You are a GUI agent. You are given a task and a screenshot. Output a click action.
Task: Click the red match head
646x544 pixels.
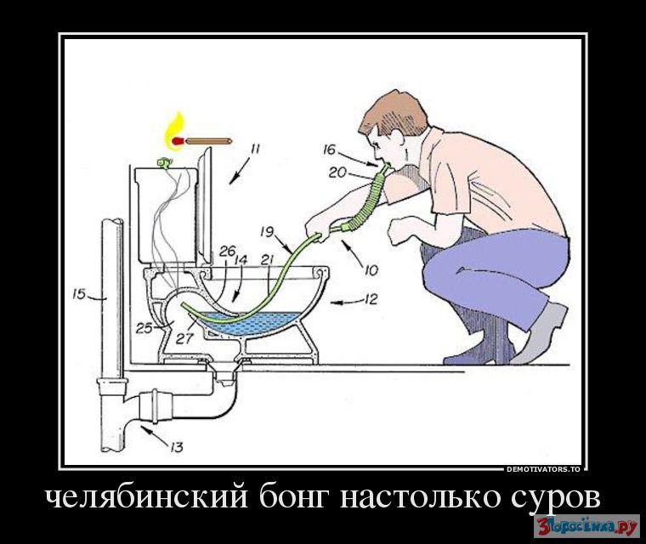pyautogui.click(x=178, y=141)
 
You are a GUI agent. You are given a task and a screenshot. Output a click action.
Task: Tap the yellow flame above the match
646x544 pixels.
pyautogui.click(x=175, y=131)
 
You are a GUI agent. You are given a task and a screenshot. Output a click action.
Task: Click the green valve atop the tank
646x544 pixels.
pyautogui.click(x=163, y=163)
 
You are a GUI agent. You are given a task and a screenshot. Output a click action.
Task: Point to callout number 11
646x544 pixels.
pyautogui.click(x=255, y=149)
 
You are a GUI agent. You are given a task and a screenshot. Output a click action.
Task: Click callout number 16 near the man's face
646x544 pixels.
pyautogui.click(x=330, y=150)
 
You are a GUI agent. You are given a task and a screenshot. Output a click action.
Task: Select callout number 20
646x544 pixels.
pyautogui.click(x=337, y=173)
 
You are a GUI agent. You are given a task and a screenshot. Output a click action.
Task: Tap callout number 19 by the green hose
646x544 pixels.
pyautogui.click(x=267, y=231)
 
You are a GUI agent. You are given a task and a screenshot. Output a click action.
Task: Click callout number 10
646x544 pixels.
pyautogui.click(x=371, y=270)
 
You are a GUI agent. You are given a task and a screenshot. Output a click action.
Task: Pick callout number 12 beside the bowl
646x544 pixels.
pyautogui.click(x=371, y=299)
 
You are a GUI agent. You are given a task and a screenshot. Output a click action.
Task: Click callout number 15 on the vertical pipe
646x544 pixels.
pyautogui.click(x=79, y=294)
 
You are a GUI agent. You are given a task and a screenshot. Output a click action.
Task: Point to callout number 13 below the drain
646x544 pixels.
pyautogui.click(x=176, y=447)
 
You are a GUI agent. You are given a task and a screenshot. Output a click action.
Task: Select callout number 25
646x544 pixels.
pyautogui.click(x=144, y=328)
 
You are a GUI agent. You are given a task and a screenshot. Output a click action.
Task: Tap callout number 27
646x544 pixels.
pyautogui.click(x=184, y=338)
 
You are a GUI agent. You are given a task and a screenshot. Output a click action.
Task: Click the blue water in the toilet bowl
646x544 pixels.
pyautogui.click(x=247, y=323)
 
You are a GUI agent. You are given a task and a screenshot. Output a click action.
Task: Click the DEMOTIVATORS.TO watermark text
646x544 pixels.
pyautogui.click(x=543, y=469)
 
